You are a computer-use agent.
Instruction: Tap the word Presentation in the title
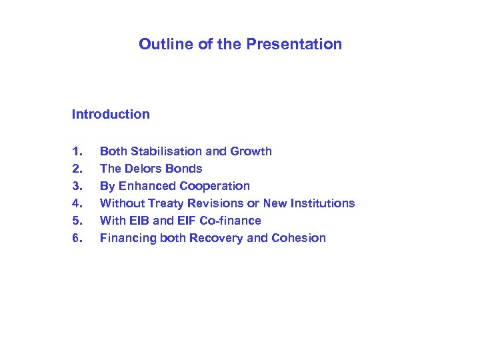294,45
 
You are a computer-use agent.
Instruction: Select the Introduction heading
111,114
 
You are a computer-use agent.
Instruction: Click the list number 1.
76,151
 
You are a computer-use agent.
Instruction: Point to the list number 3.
76,186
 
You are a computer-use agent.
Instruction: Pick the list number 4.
76,203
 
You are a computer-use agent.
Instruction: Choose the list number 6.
76,238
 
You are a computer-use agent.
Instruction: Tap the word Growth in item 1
250,151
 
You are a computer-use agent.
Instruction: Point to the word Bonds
186,169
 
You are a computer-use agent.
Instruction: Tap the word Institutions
322,203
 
